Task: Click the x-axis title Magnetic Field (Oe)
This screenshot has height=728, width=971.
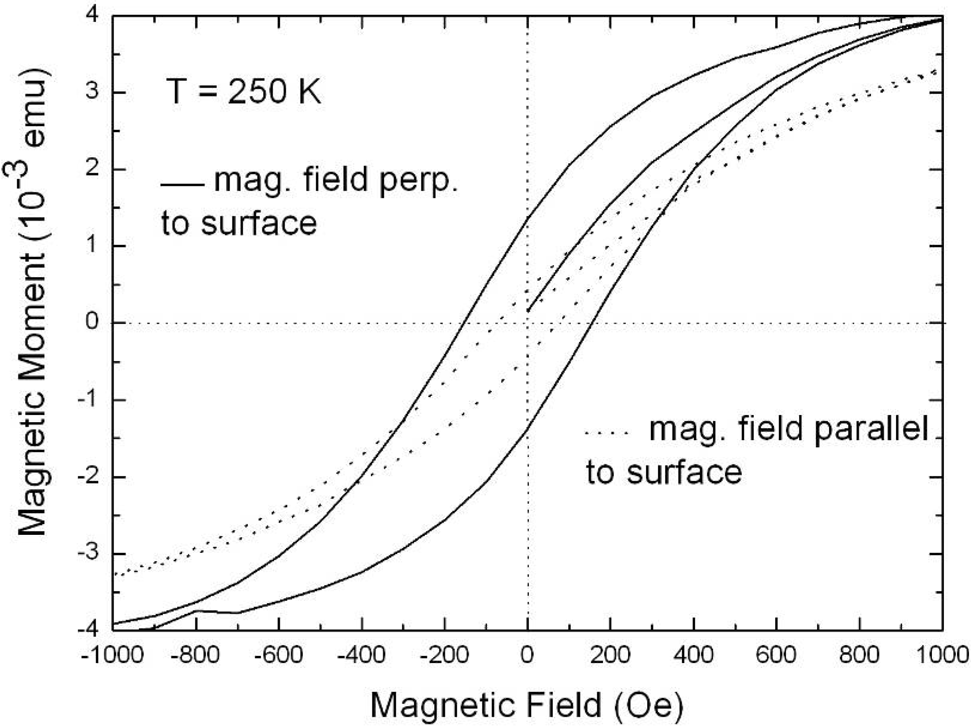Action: [527, 705]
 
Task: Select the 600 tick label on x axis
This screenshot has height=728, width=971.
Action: [776, 655]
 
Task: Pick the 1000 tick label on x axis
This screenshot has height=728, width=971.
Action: [942, 655]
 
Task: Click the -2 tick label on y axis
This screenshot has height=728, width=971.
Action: [88, 477]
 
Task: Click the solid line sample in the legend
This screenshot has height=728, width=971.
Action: [182, 185]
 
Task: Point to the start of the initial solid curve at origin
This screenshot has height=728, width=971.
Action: [529, 311]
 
